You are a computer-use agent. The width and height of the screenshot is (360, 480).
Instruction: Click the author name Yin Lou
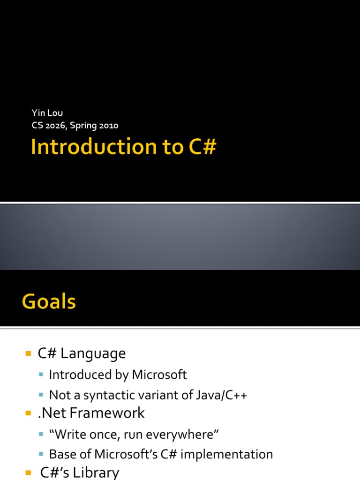click(x=47, y=113)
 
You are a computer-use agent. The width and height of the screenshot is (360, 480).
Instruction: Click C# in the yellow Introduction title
click(x=202, y=147)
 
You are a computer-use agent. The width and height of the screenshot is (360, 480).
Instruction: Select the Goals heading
click(x=49, y=301)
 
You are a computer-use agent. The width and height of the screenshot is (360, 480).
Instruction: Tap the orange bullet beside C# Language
click(x=28, y=353)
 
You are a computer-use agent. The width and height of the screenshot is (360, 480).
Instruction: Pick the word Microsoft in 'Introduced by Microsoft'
click(x=159, y=375)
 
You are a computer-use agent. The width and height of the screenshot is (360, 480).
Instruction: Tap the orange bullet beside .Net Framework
click(x=28, y=413)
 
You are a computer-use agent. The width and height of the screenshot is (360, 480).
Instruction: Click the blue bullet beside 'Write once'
click(x=41, y=435)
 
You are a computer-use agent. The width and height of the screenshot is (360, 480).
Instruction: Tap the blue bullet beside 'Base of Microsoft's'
click(x=41, y=455)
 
